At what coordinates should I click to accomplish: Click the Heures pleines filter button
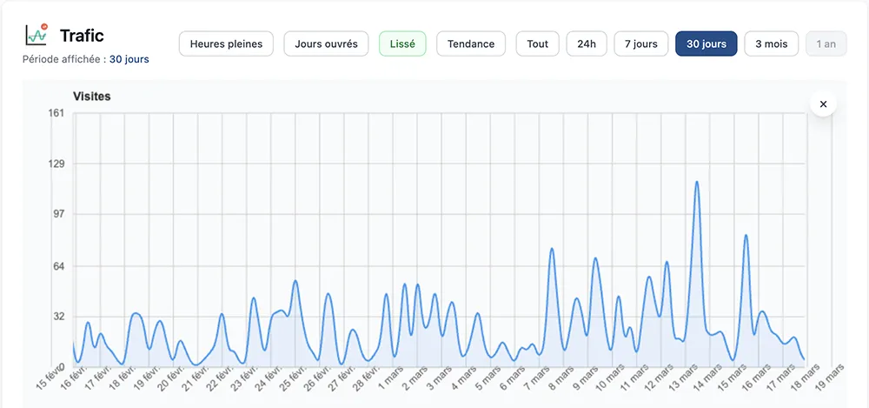point(226,43)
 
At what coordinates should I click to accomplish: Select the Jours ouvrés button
point(326,43)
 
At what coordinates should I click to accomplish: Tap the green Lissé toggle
point(402,43)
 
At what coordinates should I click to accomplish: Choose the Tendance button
point(471,43)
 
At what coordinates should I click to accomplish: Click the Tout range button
point(537,43)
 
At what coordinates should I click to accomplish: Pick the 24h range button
point(587,43)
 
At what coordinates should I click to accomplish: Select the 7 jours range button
point(641,43)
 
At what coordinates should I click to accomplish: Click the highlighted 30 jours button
point(706,43)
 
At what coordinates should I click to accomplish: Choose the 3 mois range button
point(771,43)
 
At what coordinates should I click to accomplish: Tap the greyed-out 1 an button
point(826,43)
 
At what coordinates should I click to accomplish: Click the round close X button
point(823,104)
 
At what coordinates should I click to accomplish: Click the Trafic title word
point(82,36)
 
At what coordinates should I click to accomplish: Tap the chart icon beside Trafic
point(37,35)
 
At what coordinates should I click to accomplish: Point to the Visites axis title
point(91,97)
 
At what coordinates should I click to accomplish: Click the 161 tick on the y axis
point(56,113)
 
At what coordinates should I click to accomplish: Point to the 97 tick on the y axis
point(58,214)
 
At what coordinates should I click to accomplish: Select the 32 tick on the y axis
point(58,317)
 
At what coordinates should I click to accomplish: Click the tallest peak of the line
point(697,182)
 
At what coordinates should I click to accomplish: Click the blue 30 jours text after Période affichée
point(129,60)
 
